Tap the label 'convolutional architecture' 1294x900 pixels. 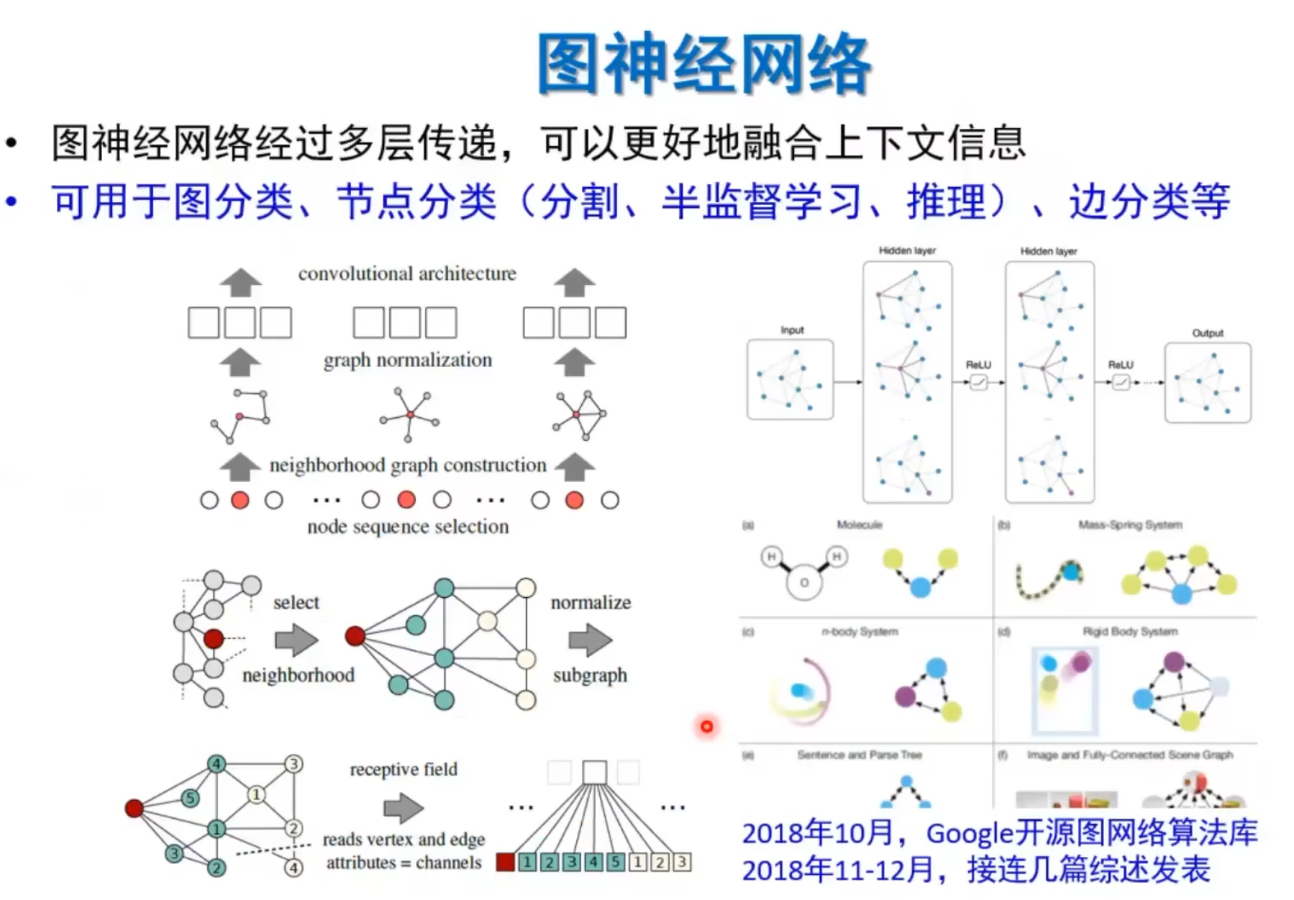(407, 273)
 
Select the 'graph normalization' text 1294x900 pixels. (407, 360)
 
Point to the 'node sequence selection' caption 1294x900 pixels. (408, 527)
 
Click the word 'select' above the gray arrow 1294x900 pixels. (296, 602)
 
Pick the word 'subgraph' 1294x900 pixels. (590, 675)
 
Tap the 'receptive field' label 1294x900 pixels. (404, 769)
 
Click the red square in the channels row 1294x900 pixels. (506, 861)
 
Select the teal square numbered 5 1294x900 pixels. (616, 861)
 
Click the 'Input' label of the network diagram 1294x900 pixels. (792, 330)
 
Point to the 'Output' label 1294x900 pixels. (1208, 333)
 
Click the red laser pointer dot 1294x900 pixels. (706, 727)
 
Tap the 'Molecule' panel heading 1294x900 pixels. (859, 524)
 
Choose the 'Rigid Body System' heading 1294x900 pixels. (1130, 632)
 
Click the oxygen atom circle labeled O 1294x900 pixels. (804, 582)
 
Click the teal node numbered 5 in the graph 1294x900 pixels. (190, 797)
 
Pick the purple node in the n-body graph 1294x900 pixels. (905, 696)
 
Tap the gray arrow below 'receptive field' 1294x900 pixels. (404, 808)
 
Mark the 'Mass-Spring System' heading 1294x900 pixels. (1130, 524)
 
